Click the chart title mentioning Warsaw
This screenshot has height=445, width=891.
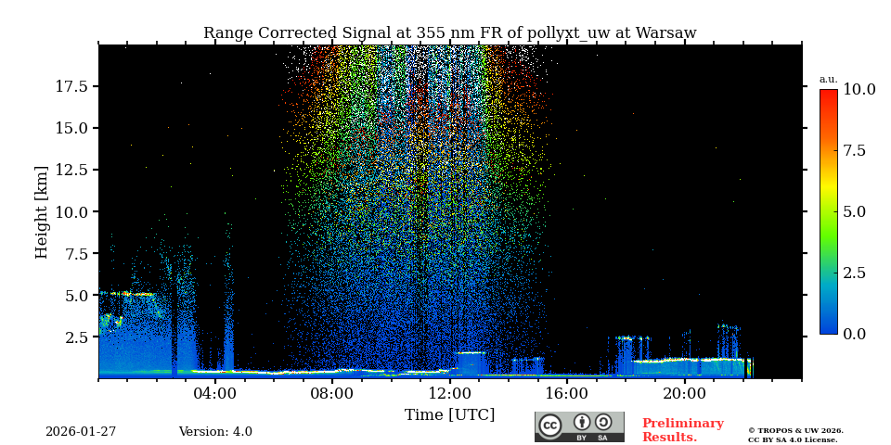click(x=449, y=33)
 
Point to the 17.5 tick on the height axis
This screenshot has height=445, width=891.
click(x=71, y=86)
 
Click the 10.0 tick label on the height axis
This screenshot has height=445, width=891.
click(x=71, y=211)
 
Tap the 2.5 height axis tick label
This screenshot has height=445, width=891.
click(x=76, y=337)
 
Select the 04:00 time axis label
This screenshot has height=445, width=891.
click(x=215, y=393)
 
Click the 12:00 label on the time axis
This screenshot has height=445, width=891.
click(x=450, y=393)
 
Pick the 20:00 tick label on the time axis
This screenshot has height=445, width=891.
click(x=684, y=393)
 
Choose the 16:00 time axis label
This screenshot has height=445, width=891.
click(x=567, y=393)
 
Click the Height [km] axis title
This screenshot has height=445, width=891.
click(x=42, y=211)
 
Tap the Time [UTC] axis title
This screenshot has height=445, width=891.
click(x=449, y=414)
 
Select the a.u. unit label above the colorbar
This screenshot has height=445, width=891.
click(x=828, y=80)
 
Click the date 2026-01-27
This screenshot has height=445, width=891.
click(x=81, y=432)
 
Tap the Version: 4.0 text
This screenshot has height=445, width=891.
click(x=215, y=432)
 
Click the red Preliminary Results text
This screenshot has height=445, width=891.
click(x=682, y=430)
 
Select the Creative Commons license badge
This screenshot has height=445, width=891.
click(x=579, y=426)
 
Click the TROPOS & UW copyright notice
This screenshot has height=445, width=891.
click(x=795, y=435)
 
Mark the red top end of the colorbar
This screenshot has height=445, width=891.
click(x=828, y=93)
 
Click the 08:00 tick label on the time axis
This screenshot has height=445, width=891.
click(x=332, y=393)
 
